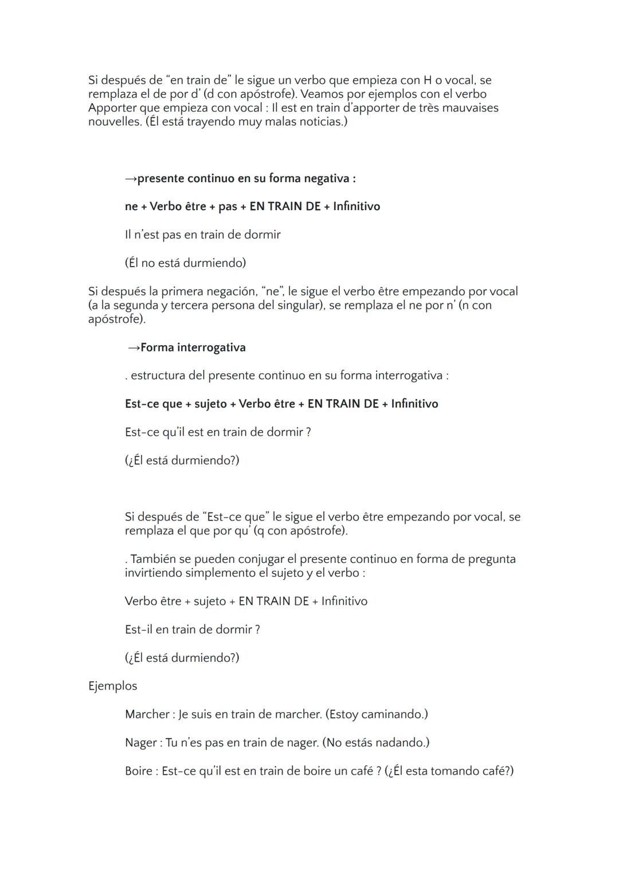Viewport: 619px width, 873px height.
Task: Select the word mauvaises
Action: [471, 108]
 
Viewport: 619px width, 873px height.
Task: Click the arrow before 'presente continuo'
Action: [131, 179]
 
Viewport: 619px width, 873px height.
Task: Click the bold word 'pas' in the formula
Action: [228, 207]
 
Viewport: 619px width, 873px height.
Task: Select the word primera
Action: [181, 291]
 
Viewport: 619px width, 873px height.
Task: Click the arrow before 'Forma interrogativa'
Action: [134, 348]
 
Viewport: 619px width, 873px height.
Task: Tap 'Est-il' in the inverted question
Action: [139, 630]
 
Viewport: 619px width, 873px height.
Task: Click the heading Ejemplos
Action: [112, 686]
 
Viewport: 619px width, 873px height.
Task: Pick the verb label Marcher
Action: [147, 714]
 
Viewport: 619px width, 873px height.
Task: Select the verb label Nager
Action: [140, 742]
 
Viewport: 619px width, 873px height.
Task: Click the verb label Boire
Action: [139, 771]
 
